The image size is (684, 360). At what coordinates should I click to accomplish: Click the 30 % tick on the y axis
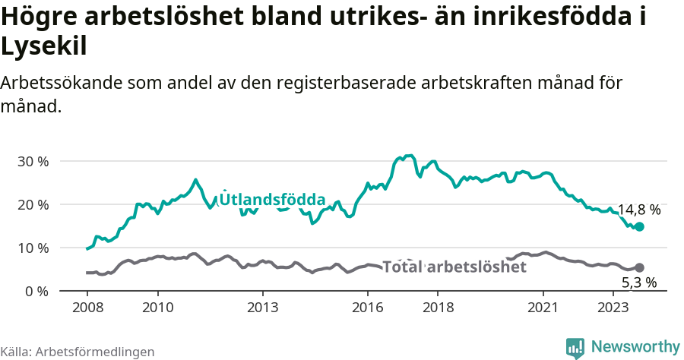pyautogui.click(x=32, y=162)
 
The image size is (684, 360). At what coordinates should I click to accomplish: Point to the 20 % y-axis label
pyautogui.click(x=32, y=205)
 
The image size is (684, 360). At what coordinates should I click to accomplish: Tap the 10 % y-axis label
pyautogui.click(x=32, y=248)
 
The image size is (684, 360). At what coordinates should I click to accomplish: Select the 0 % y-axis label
pyautogui.click(x=36, y=292)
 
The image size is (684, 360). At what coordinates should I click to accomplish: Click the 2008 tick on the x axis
pyautogui.click(x=88, y=308)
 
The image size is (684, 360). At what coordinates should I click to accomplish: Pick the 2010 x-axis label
pyautogui.click(x=158, y=308)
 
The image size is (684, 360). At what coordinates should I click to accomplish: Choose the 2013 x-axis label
pyautogui.click(x=263, y=308)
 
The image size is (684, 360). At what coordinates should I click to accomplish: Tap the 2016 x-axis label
pyautogui.click(x=368, y=308)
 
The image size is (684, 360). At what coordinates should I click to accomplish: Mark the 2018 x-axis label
pyautogui.click(x=438, y=308)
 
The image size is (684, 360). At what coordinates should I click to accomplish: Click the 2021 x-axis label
pyautogui.click(x=543, y=308)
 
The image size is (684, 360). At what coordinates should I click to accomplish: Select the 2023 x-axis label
pyautogui.click(x=613, y=308)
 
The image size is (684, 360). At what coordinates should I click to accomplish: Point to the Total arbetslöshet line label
pyautogui.click(x=454, y=267)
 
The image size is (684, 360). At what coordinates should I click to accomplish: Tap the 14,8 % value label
pyautogui.click(x=638, y=210)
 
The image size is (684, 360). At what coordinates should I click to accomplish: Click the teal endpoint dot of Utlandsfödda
pyautogui.click(x=639, y=226)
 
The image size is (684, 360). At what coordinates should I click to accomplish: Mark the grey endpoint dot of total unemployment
pyautogui.click(x=639, y=267)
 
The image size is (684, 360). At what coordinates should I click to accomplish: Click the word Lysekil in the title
pyautogui.click(x=43, y=47)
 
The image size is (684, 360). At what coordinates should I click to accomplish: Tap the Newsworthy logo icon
pyautogui.click(x=575, y=347)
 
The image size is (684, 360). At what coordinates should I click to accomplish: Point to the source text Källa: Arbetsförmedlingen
pyautogui.click(x=78, y=352)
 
